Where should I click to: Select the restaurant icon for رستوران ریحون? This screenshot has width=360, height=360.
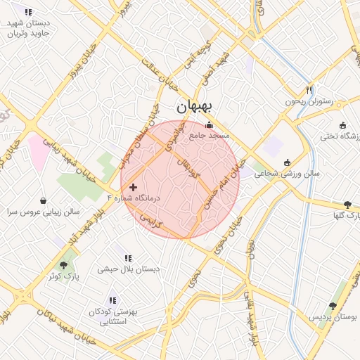tap(309, 90)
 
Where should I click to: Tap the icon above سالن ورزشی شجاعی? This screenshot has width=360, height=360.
tap(286, 162)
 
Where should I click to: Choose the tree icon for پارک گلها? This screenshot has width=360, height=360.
tap(348, 205)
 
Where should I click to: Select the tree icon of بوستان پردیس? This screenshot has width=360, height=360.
tap(333, 307)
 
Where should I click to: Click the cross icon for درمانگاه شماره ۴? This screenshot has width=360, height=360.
tap(133, 187)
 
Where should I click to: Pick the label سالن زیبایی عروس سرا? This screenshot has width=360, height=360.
tap(44, 211)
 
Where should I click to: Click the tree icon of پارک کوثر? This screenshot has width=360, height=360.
tap(64, 265)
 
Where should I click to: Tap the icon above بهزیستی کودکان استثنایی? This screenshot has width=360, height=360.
tap(112, 300)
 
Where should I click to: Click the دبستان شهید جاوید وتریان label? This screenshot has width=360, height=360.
tap(27, 28)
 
